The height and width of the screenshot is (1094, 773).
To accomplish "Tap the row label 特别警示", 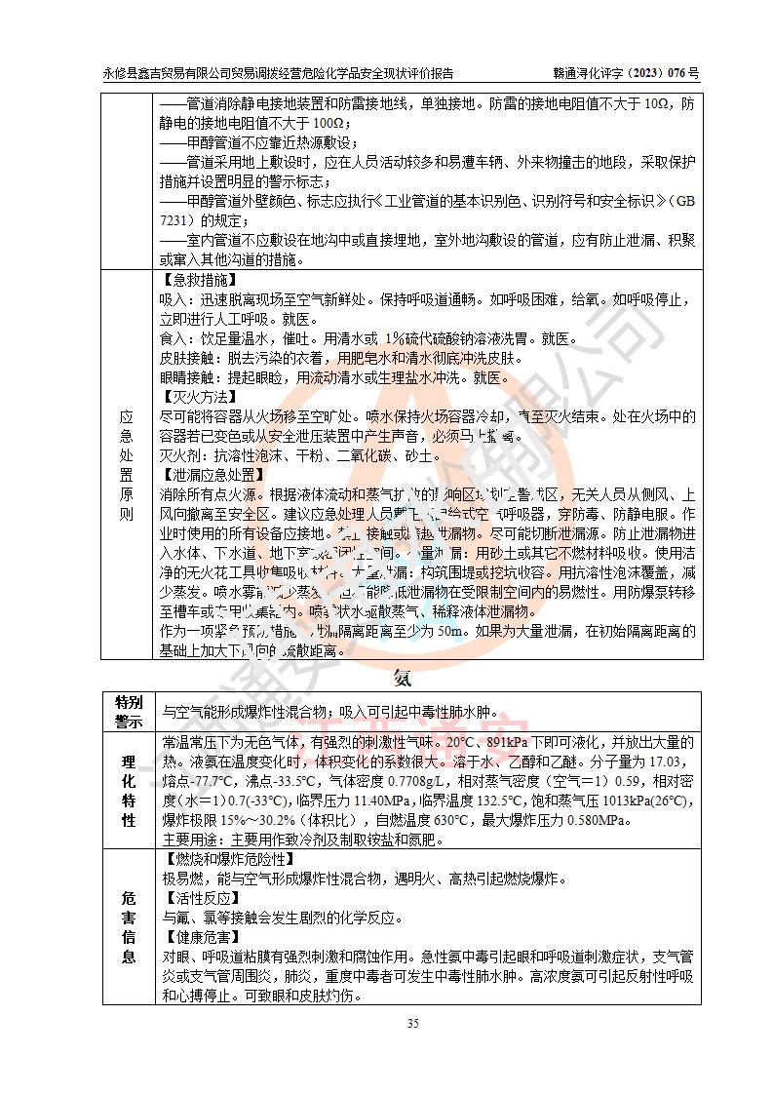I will pyautogui.click(x=129, y=712).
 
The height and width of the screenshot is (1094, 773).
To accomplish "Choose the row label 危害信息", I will pyautogui.click(x=129, y=925).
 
